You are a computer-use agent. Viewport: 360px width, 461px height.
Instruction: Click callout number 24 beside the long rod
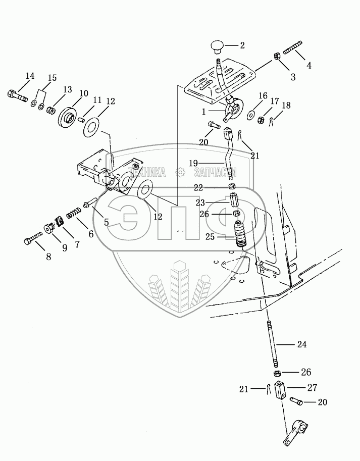[x=301, y=345]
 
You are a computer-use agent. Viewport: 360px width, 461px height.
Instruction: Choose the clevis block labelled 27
[x=280, y=392]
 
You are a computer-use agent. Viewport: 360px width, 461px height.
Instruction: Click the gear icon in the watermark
[x=180, y=173]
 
